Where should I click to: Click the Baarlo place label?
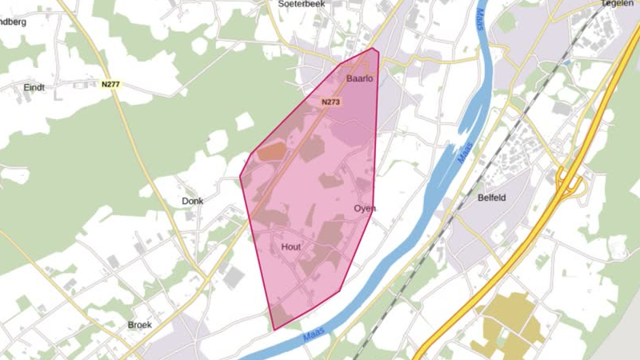tap(360, 79)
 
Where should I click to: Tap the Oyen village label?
tap(364, 209)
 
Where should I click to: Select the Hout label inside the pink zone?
tap(291, 247)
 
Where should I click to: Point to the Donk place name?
tap(193, 202)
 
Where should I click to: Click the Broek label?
tap(140, 325)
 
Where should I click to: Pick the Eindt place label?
tap(34, 87)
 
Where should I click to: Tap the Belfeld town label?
tap(493, 198)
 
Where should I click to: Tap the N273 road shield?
tap(330, 102)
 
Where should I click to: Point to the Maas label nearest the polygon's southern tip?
tap(313, 337)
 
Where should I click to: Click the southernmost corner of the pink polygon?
tap(274, 330)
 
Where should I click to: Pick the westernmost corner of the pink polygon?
tap(240, 178)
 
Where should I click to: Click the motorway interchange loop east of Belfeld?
tap(570, 184)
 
